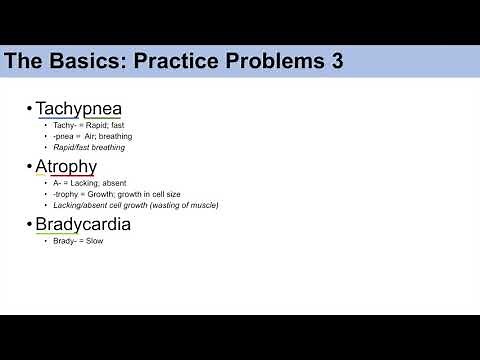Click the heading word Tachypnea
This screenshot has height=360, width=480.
(x=78, y=108)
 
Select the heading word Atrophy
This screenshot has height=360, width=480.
(x=66, y=166)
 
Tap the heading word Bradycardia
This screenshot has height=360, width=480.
(x=83, y=224)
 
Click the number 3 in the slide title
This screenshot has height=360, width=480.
(x=335, y=61)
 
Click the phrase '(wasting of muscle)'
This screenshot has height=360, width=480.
(x=180, y=205)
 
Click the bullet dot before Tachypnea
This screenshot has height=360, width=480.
(x=30, y=109)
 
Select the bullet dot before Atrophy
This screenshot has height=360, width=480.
(x=30, y=167)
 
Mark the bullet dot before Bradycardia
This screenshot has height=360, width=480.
(x=30, y=225)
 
